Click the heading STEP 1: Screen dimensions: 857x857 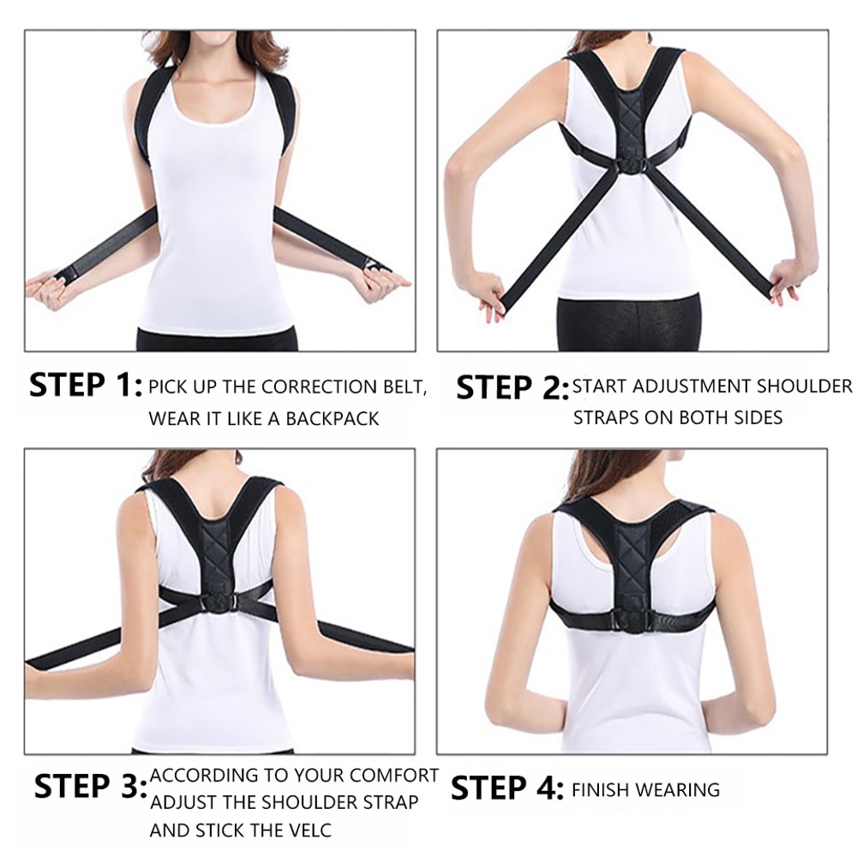coord(85,387)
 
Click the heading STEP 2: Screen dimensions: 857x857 coord(512,388)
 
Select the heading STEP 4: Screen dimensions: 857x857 coord(506,788)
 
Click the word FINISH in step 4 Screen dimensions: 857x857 coord(603,789)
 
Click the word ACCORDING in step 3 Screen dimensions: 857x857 coord(201,776)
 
